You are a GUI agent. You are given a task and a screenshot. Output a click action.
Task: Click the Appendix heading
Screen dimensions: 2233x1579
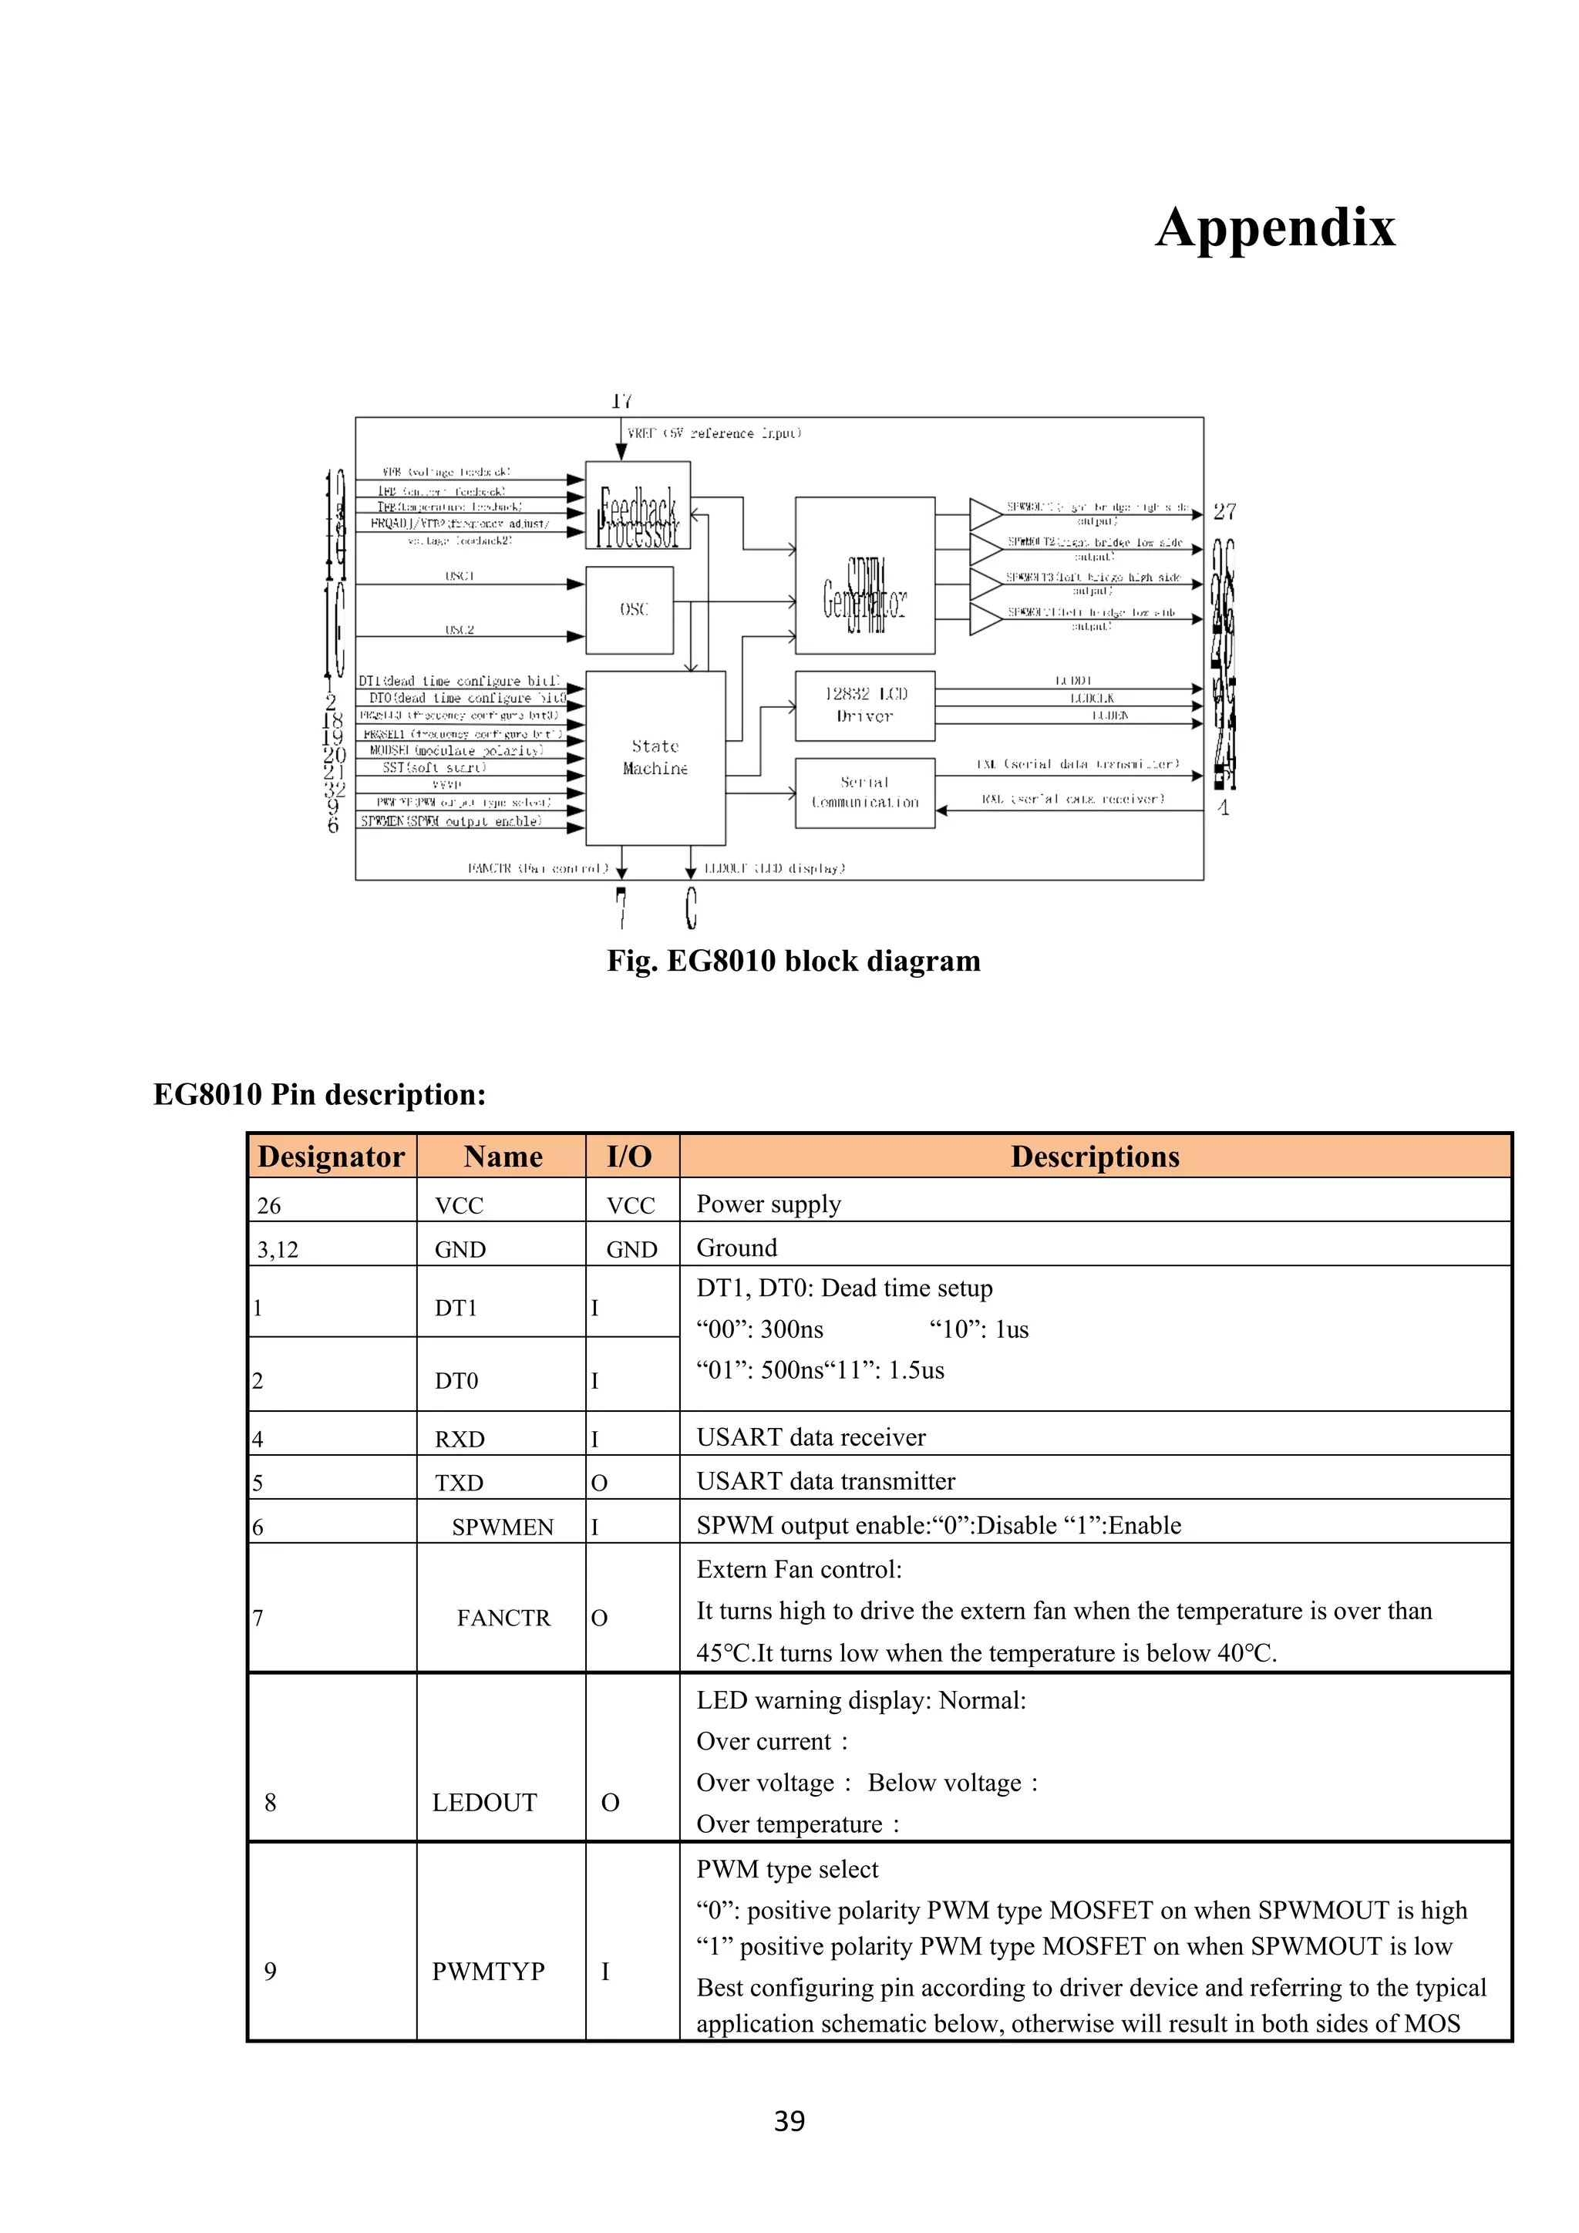[x=1274, y=227]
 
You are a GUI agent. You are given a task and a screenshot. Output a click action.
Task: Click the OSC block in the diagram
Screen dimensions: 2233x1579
[x=629, y=610]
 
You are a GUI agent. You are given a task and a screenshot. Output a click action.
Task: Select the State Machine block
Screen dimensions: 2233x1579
[x=655, y=758]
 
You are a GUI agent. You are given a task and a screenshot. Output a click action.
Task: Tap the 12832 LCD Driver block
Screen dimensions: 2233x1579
[x=864, y=705]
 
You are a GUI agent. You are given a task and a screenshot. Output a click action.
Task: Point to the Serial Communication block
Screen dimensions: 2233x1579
[x=864, y=793]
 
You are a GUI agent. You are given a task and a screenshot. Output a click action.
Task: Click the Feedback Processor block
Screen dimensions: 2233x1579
[x=637, y=505]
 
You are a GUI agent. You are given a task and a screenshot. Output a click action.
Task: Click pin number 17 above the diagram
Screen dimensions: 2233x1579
[x=621, y=401]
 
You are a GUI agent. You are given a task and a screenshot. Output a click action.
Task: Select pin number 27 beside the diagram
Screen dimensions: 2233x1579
[x=1224, y=511]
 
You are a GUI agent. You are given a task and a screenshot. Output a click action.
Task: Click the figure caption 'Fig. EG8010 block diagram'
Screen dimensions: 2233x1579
[x=793, y=961]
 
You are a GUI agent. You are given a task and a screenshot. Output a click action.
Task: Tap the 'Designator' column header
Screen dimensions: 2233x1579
[x=332, y=1157]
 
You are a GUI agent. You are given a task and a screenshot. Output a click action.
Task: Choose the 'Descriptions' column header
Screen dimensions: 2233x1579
[x=1095, y=1157]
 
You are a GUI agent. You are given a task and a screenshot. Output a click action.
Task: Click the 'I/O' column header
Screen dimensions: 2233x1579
[x=630, y=1157]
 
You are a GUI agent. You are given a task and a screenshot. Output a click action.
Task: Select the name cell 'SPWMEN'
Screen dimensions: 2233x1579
[x=503, y=1527]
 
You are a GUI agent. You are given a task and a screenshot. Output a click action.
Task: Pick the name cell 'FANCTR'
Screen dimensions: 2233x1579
[x=503, y=1618]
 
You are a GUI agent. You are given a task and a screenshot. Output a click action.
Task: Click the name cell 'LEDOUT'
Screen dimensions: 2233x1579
[x=484, y=1802]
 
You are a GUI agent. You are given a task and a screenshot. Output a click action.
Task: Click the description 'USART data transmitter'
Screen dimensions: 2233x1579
[x=826, y=1481]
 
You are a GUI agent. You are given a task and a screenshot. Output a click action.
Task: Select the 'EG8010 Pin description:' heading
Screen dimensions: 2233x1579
[x=320, y=1094]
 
